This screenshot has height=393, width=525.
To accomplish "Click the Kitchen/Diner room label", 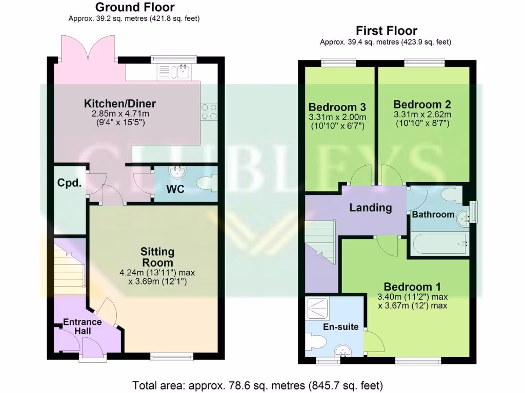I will [x=119, y=104].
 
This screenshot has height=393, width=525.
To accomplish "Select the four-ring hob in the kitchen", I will [x=209, y=112].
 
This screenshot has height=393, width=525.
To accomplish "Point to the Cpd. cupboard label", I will [x=69, y=183].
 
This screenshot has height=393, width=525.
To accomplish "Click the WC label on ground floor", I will [x=175, y=189].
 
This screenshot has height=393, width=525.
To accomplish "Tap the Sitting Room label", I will [x=157, y=257].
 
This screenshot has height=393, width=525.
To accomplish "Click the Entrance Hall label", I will [x=82, y=326].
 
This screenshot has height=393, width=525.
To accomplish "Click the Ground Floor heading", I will [x=135, y=7].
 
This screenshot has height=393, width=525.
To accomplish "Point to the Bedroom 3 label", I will [x=337, y=107].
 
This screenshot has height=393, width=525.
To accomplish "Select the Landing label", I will [x=371, y=208].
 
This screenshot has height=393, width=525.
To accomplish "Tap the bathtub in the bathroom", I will [x=439, y=245].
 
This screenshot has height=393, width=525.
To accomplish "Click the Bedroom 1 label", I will [x=412, y=287].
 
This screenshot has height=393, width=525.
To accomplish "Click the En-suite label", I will [x=340, y=327].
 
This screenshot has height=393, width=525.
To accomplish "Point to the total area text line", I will [x=258, y=385].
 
